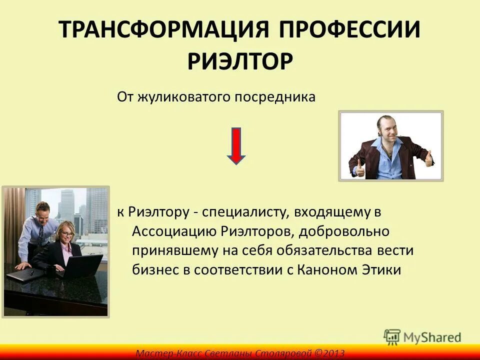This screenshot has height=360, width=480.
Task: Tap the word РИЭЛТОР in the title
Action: coord(240,61)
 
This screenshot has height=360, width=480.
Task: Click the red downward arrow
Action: coord(236,145)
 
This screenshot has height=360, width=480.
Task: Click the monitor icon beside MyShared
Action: coord(392,337)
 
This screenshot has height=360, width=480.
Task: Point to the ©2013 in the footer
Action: coord(329,353)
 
